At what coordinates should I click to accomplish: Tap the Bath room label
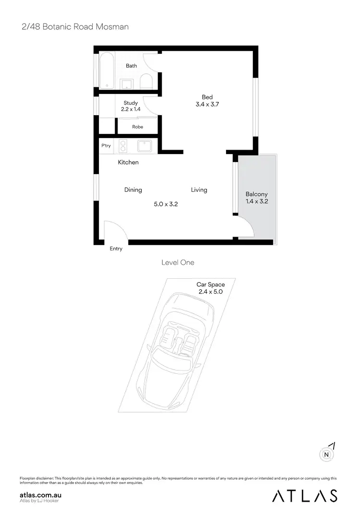131,66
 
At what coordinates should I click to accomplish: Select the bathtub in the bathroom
106,71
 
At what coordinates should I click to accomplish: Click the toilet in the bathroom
146,83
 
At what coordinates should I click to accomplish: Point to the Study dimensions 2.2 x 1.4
131,109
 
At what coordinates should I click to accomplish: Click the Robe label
137,127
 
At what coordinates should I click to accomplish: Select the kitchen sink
144,146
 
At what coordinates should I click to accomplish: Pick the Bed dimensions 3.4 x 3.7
207,104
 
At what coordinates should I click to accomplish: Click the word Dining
133,190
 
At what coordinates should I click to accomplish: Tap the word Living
199,190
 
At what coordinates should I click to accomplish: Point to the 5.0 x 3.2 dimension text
166,204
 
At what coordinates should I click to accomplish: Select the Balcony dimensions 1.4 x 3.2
257,201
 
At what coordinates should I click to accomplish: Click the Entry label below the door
116,249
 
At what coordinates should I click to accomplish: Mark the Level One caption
178,262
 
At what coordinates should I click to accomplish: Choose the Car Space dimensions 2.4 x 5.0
211,291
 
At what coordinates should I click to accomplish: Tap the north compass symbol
326,454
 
